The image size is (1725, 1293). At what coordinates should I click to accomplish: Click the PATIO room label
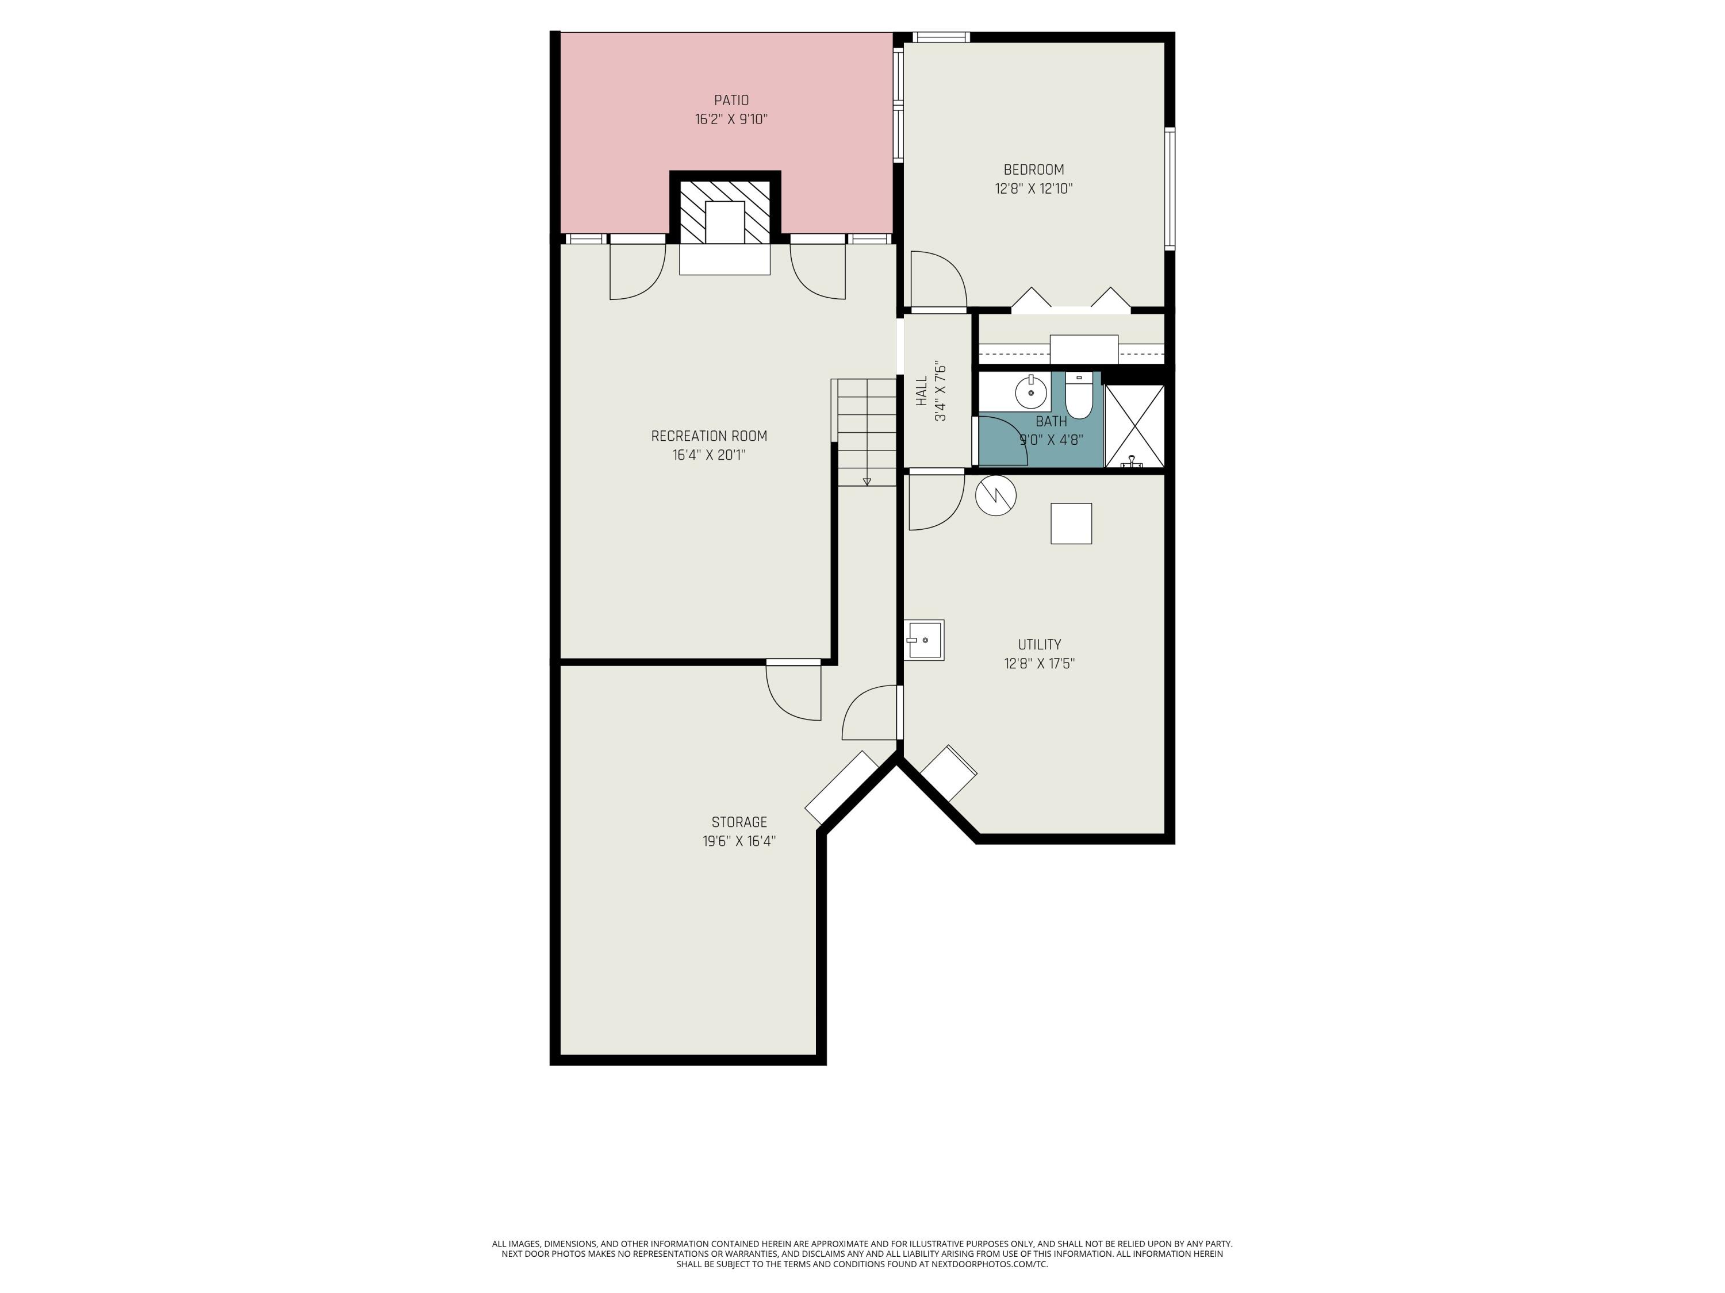click(x=731, y=101)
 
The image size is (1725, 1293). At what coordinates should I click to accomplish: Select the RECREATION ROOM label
click(x=709, y=436)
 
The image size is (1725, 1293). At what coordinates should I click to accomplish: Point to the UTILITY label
click(x=1039, y=645)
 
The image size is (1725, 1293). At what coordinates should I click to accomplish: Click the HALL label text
click(x=922, y=391)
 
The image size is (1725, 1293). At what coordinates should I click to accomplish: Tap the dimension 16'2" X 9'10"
click(x=731, y=120)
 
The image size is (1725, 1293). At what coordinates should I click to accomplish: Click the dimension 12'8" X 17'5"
click(x=1039, y=663)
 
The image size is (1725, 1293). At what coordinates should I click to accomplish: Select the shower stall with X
click(x=1134, y=426)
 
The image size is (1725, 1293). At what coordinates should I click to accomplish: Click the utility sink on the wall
click(x=924, y=640)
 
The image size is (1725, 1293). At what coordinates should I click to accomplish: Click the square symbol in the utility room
click(x=1071, y=523)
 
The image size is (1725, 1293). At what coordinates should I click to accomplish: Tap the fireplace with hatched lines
click(x=725, y=212)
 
